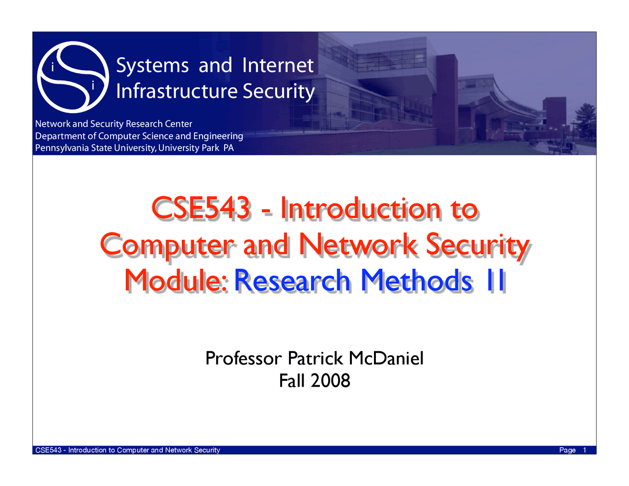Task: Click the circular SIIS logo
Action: point(73,77)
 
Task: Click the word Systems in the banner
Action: point(152,65)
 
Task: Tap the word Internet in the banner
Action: point(278,65)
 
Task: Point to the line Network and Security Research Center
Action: point(114,124)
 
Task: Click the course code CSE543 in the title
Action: point(201,208)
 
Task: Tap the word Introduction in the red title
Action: point(361,208)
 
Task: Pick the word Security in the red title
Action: point(477,244)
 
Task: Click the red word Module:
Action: point(175,280)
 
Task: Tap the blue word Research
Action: point(292,280)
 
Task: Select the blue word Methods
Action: point(416,280)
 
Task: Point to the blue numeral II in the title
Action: point(494,280)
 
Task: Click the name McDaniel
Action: point(386,358)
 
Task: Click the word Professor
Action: point(243,358)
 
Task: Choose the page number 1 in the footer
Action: point(585,450)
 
